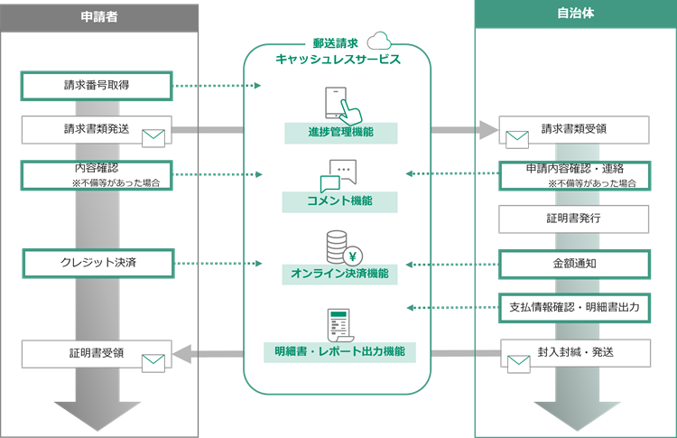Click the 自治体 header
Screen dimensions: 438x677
click(x=575, y=14)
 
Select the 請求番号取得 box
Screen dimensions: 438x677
click(x=96, y=86)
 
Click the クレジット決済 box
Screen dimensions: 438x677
click(x=96, y=264)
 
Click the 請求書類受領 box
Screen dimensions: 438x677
click(x=574, y=129)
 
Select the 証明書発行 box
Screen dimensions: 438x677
click(x=574, y=219)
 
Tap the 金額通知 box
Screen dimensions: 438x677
click(x=574, y=264)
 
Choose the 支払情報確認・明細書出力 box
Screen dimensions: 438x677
click(x=574, y=307)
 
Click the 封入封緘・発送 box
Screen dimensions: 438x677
click(x=574, y=352)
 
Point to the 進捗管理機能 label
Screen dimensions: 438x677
click(x=339, y=134)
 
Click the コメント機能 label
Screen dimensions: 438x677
click(x=339, y=200)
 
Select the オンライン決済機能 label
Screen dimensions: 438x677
click(x=339, y=273)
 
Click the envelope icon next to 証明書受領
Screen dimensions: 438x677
click(x=154, y=363)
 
